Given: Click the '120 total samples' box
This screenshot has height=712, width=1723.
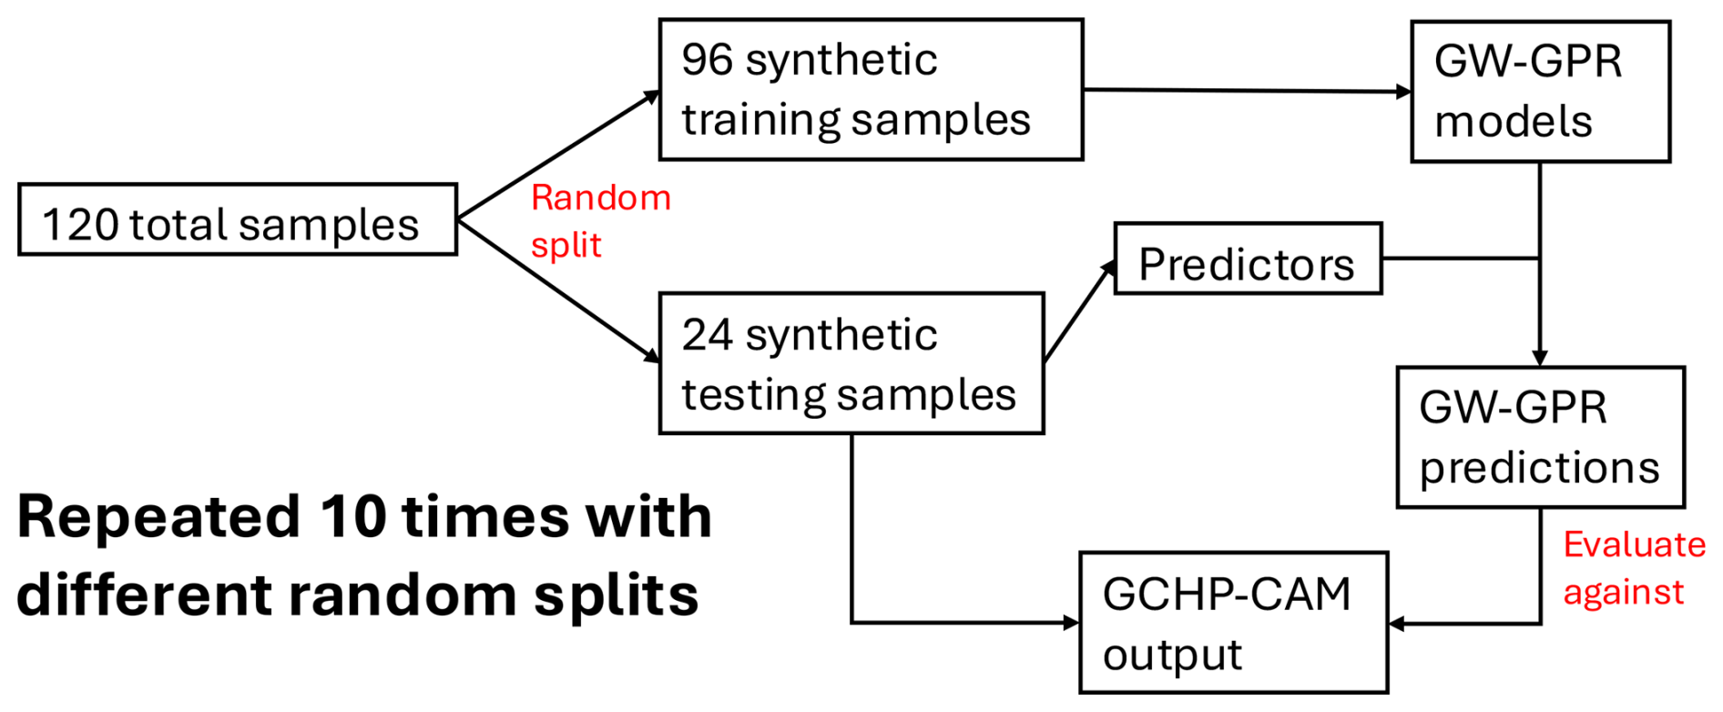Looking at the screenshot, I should coord(237,220).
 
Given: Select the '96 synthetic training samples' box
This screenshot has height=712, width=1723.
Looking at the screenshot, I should coord(871,90).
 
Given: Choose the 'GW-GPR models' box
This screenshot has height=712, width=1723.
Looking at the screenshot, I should coord(1540,92).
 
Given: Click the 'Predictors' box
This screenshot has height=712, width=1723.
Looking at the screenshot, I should coord(1248,259).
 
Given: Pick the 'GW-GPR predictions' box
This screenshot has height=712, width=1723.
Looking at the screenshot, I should coord(1540,438).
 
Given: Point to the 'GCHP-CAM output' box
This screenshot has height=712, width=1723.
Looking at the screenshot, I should coord(1233,623).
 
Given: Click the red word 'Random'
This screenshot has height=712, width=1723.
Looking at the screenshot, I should coord(601,198).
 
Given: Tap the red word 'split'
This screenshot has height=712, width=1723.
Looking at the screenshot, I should coord(566,246).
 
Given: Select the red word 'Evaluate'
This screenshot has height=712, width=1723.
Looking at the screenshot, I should coord(1634,544).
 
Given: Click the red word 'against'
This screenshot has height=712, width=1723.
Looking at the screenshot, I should coord(1623,593).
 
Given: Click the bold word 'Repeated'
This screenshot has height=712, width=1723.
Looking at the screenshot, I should coord(158,517).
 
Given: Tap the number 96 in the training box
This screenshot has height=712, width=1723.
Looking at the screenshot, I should coord(708,60).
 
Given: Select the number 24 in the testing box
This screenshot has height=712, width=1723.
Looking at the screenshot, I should coord(708,335).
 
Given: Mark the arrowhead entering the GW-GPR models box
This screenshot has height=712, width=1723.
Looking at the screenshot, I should coord(1404,92).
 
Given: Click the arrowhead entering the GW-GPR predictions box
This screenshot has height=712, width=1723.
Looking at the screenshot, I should coord(1540,359).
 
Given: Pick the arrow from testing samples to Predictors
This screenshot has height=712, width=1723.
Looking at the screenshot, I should coord(1080,310).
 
